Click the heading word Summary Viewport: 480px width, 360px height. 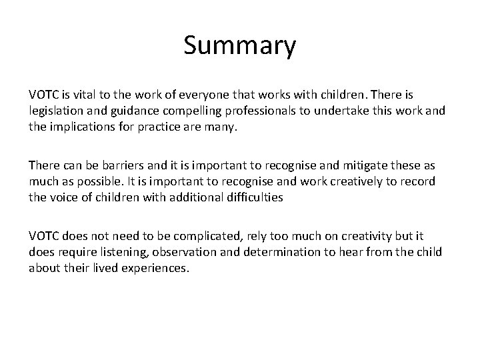click(x=239, y=47)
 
